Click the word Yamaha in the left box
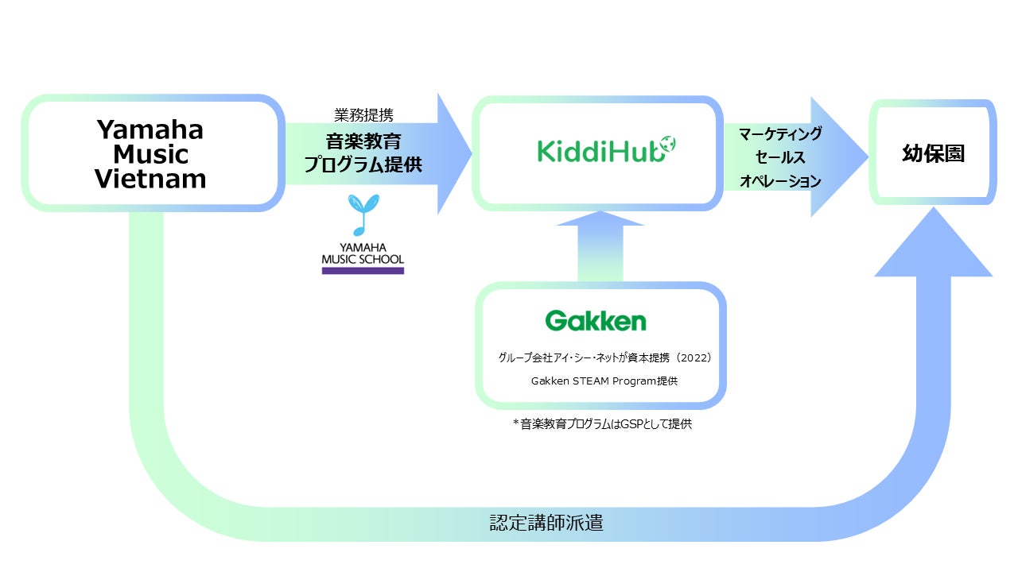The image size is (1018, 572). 150,129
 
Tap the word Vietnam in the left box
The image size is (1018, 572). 150,179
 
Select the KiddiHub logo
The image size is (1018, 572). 606,150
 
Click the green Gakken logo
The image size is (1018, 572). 596,321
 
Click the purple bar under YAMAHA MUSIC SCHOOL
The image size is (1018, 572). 363,271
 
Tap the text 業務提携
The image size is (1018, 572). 363,115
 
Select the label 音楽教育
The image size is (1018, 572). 363,141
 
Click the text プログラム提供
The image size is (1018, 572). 363,164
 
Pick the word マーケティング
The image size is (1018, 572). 780,134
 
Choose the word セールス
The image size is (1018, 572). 780,157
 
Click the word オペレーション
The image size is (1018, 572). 780,181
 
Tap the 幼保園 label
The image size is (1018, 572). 934,153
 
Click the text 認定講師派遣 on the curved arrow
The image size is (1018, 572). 546,523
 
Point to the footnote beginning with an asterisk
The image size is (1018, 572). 602,424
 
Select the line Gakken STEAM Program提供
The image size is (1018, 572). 604,381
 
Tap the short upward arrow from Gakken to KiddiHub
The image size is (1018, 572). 600,247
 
